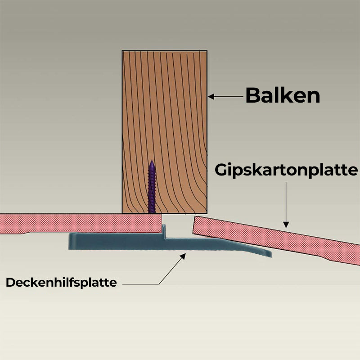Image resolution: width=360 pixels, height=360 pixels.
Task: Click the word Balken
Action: coord(283,95)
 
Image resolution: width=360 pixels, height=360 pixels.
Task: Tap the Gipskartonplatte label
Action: coord(286,170)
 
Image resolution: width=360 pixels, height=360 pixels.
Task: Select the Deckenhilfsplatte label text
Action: coord(61,283)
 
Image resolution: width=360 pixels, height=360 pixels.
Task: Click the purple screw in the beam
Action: coord(152,189)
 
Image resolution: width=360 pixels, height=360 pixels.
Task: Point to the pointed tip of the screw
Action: coord(152,162)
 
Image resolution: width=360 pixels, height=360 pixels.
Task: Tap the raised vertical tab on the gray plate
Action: coord(164,231)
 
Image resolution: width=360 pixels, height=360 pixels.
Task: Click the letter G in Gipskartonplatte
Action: coord(220,170)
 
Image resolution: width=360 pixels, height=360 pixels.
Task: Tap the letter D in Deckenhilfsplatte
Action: coord(10,283)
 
